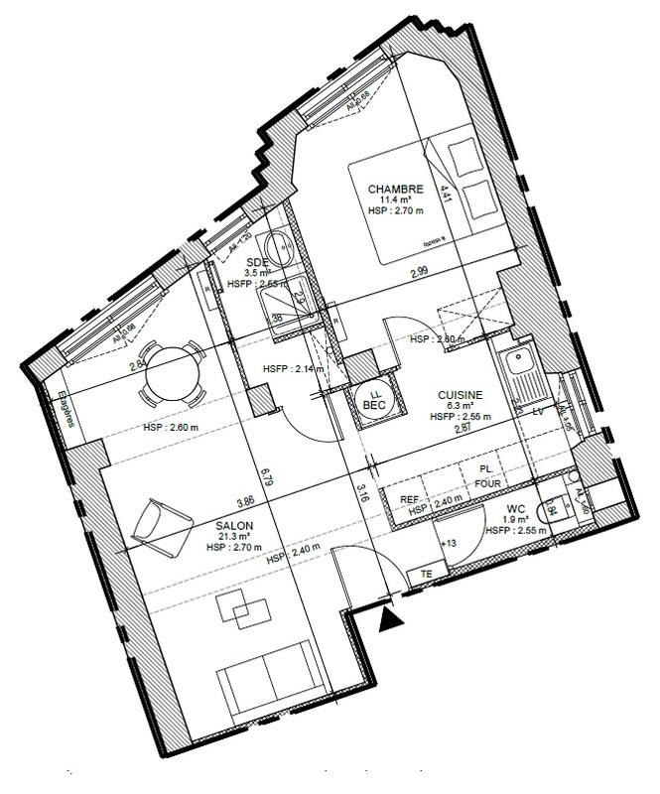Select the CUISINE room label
coord(461,394)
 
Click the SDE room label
coord(258,261)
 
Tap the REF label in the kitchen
coord(409,499)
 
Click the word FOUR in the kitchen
coord(487,483)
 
